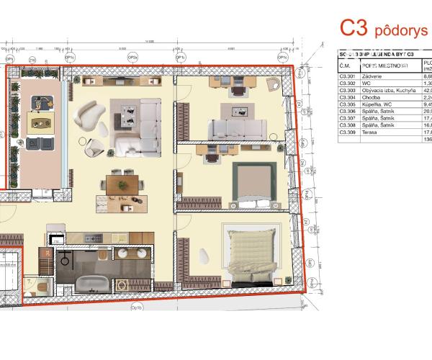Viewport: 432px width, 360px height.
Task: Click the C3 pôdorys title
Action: pyautogui.click(x=383, y=28)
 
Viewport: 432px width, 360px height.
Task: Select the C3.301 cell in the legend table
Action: pyautogui.click(x=349, y=75)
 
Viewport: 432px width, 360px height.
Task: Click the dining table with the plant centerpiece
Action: pyautogui.click(x=122, y=184)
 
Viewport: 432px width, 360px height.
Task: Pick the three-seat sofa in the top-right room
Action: pyautogui.click(x=237, y=129)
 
